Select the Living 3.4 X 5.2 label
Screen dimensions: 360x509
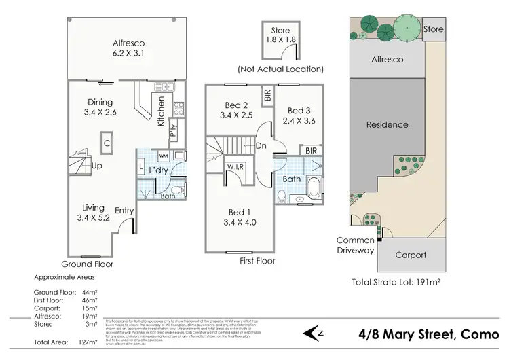(x=93, y=213)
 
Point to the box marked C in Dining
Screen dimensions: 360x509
(x=108, y=143)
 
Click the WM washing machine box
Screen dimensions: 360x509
(x=163, y=156)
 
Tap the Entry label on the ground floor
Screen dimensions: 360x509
(x=124, y=211)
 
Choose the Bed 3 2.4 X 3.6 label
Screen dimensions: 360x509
(x=298, y=116)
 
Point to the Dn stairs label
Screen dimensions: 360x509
(x=261, y=145)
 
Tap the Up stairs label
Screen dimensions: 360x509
(x=96, y=166)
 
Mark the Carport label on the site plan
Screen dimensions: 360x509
(x=411, y=255)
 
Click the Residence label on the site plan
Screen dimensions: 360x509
(x=387, y=124)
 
